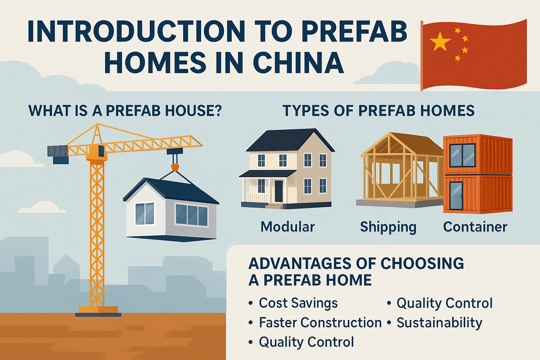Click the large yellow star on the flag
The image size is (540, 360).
[440, 41]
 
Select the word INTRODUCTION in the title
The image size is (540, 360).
[136, 32]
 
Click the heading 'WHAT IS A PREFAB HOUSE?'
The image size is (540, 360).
[125, 111]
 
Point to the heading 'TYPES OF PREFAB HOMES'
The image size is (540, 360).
[379, 111]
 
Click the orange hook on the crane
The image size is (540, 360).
[175, 167]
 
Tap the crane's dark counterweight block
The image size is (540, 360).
[58, 154]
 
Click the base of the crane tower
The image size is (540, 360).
[98, 311]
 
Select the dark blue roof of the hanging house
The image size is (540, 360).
[172, 191]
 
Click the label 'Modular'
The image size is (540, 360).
[288, 227]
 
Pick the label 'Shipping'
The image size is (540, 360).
[388, 227]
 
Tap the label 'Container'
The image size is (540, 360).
[475, 227]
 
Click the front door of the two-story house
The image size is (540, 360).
[278, 191]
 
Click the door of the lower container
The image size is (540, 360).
[456, 195]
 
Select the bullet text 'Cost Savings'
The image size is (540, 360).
[298, 303]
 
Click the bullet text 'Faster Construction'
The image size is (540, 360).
[320, 322]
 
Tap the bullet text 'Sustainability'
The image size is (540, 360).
[439, 323]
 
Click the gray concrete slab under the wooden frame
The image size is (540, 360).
[400, 203]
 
